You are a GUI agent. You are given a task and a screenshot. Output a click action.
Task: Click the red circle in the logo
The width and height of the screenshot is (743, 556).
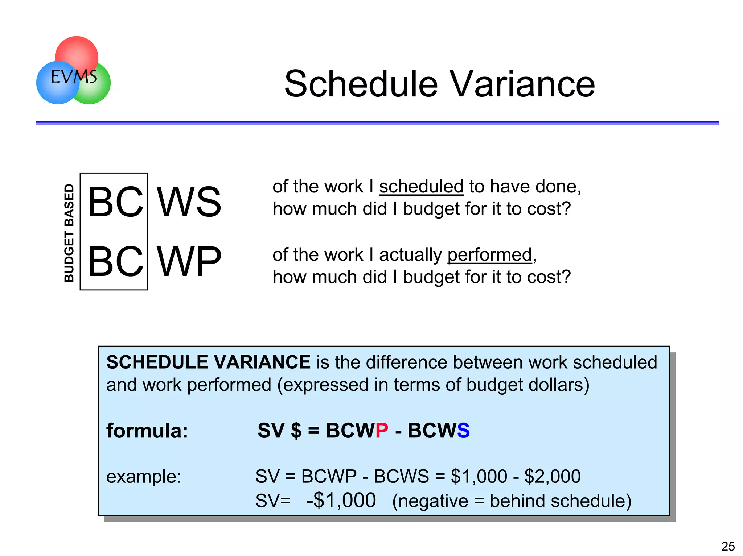tap(77, 51)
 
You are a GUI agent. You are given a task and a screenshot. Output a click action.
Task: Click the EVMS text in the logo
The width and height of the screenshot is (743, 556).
tap(74, 77)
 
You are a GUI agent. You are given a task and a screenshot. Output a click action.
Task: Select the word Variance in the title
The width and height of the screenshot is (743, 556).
tap(522, 84)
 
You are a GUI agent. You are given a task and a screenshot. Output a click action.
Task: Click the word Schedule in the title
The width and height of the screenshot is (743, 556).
tap(361, 84)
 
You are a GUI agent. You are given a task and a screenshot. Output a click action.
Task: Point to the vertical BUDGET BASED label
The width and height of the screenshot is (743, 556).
tap(69, 233)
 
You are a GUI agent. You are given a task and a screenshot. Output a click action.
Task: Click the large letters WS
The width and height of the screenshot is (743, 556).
tap(189, 202)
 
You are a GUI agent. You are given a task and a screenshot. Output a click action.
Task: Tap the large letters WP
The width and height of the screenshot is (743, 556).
tap(189, 261)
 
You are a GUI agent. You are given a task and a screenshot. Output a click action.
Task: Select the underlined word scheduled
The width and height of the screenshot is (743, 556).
tap(421, 187)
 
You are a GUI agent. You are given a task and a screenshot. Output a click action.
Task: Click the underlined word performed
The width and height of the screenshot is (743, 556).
tap(490, 255)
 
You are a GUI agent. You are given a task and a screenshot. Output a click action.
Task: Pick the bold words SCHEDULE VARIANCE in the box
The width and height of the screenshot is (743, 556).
tap(208, 362)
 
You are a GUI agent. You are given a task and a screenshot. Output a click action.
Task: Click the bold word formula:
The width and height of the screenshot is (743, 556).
tap(147, 431)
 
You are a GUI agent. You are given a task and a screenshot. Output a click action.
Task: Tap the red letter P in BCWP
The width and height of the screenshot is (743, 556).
tap(382, 431)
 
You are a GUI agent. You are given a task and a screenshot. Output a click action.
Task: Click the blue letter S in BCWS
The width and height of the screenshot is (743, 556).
tap(463, 431)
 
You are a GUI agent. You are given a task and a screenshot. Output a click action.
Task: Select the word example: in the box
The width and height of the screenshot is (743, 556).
tap(144, 476)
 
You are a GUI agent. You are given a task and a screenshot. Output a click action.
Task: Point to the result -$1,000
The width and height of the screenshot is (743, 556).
tap(341, 501)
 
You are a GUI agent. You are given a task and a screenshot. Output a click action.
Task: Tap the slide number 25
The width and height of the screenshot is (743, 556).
tap(728, 546)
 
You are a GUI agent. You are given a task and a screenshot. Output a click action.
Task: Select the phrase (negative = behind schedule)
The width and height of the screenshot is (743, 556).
tap(512, 501)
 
